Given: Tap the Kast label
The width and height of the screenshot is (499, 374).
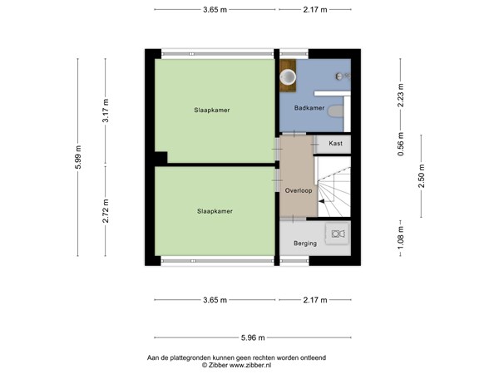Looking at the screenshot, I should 335,144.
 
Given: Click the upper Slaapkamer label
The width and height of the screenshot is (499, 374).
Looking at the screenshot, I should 212,110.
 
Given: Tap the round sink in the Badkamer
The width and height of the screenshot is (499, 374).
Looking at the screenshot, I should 289,76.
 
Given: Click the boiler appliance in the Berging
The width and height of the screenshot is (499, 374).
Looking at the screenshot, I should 337,234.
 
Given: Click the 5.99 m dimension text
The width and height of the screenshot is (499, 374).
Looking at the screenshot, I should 78,157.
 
